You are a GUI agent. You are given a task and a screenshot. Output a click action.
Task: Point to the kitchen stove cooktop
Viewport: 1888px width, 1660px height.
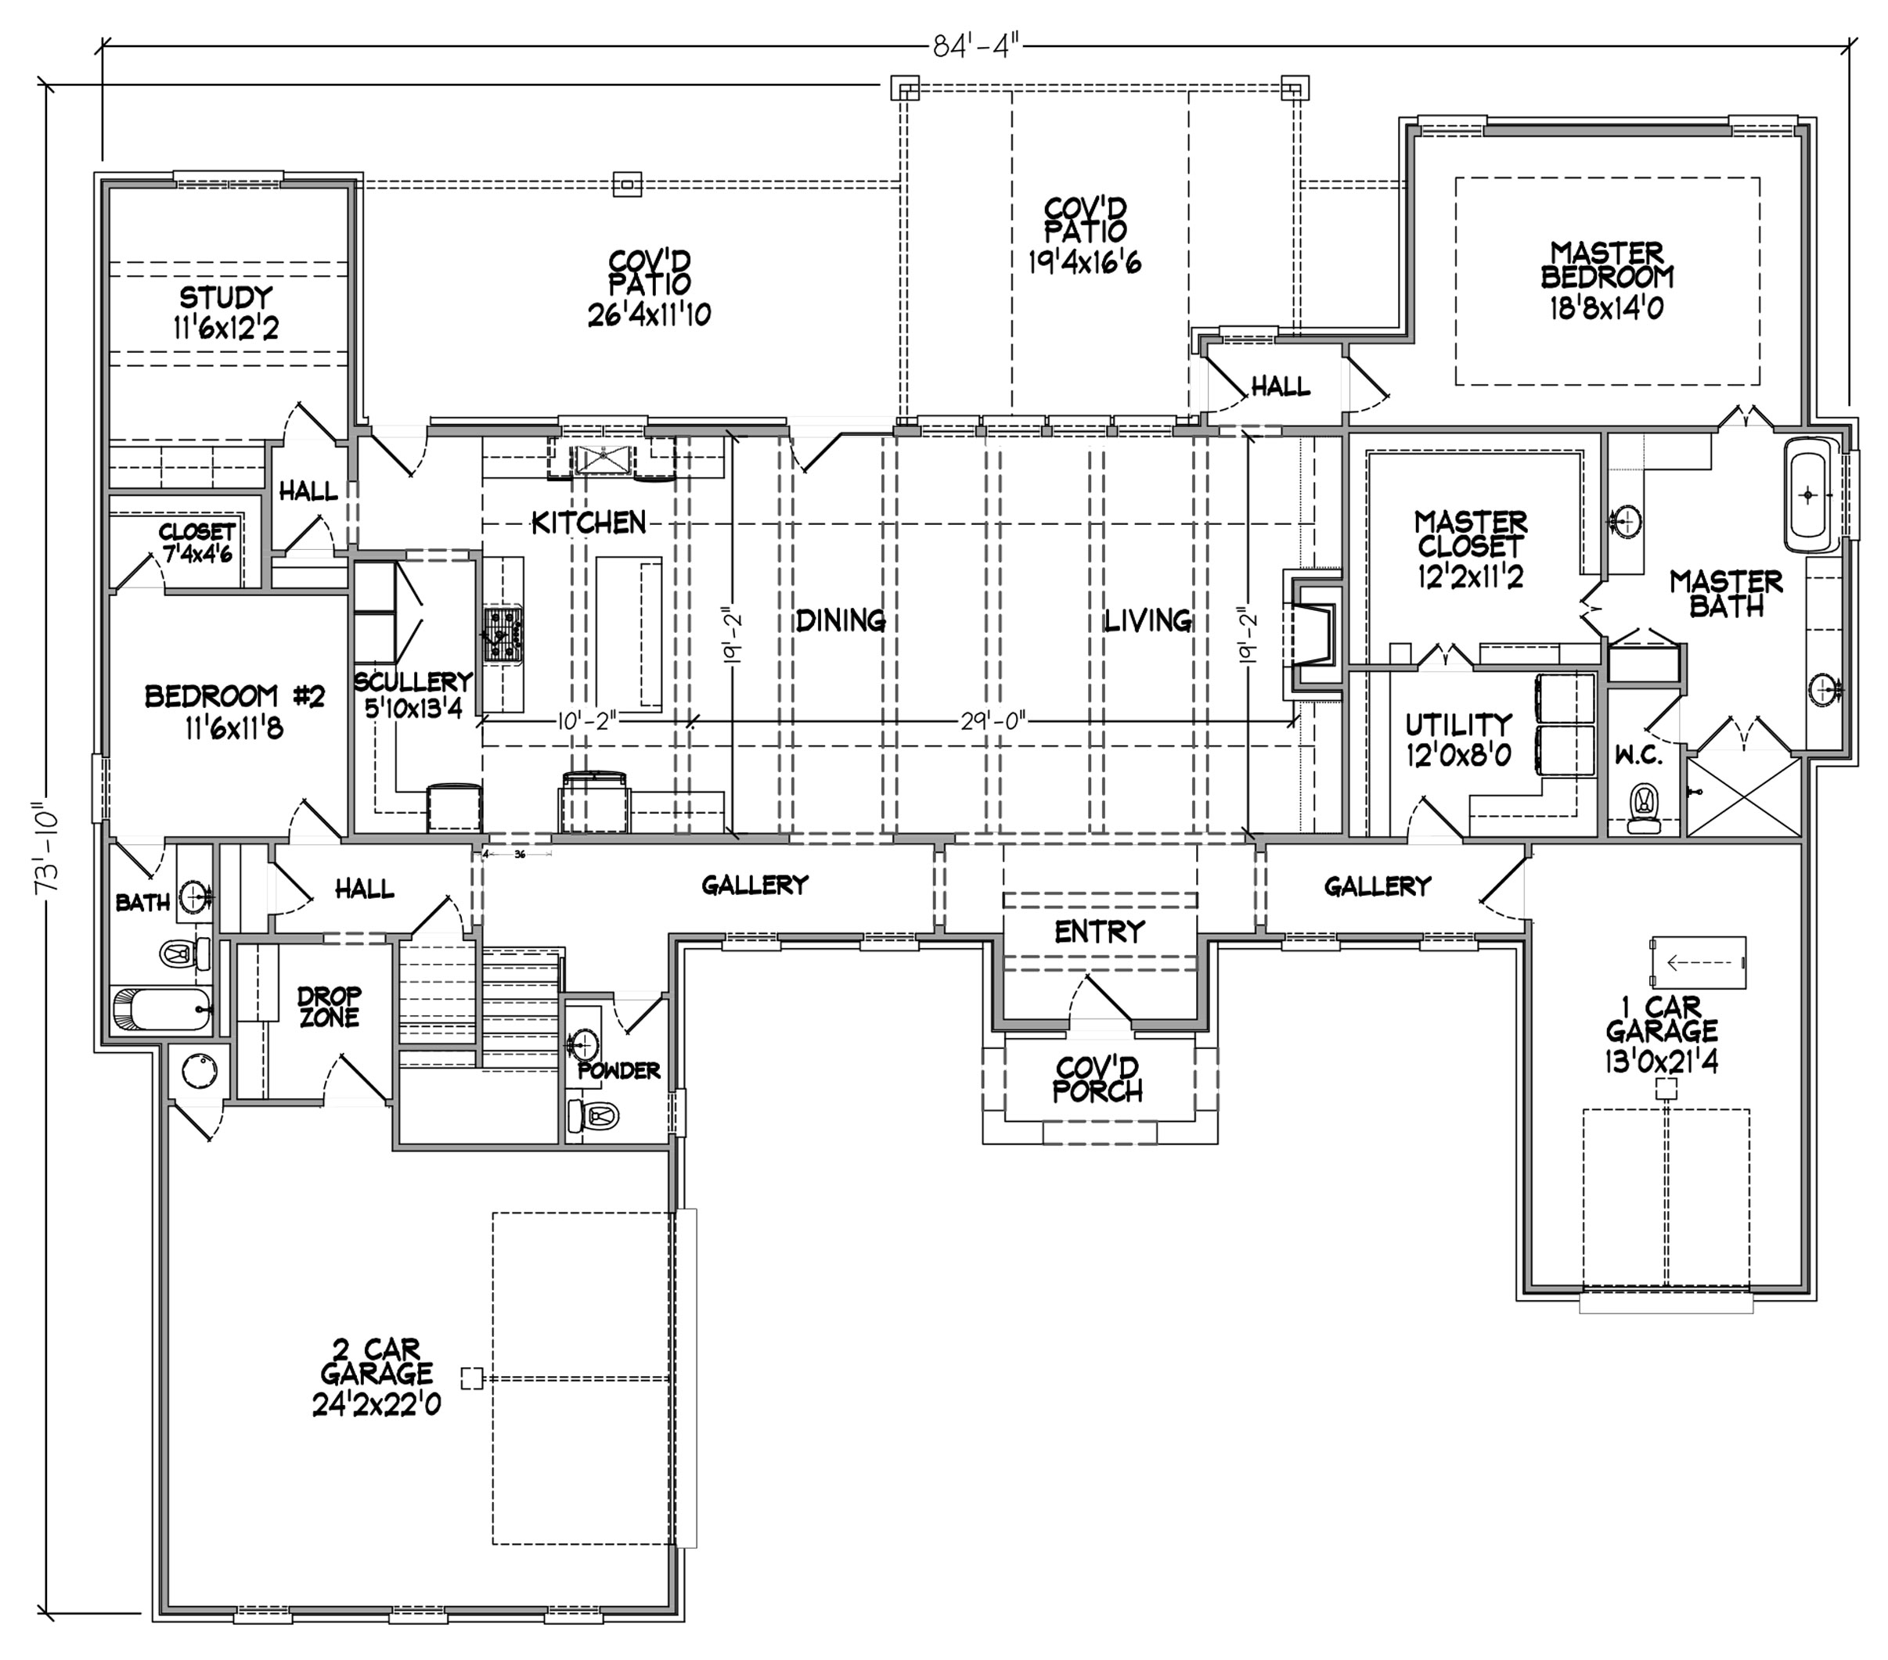(x=503, y=634)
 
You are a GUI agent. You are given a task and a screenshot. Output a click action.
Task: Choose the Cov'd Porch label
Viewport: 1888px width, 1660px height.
(x=1097, y=1080)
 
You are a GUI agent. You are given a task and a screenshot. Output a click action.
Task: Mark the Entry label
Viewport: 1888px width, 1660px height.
(x=1099, y=932)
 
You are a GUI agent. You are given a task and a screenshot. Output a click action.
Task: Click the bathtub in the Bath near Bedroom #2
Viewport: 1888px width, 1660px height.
(x=163, y=1008)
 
